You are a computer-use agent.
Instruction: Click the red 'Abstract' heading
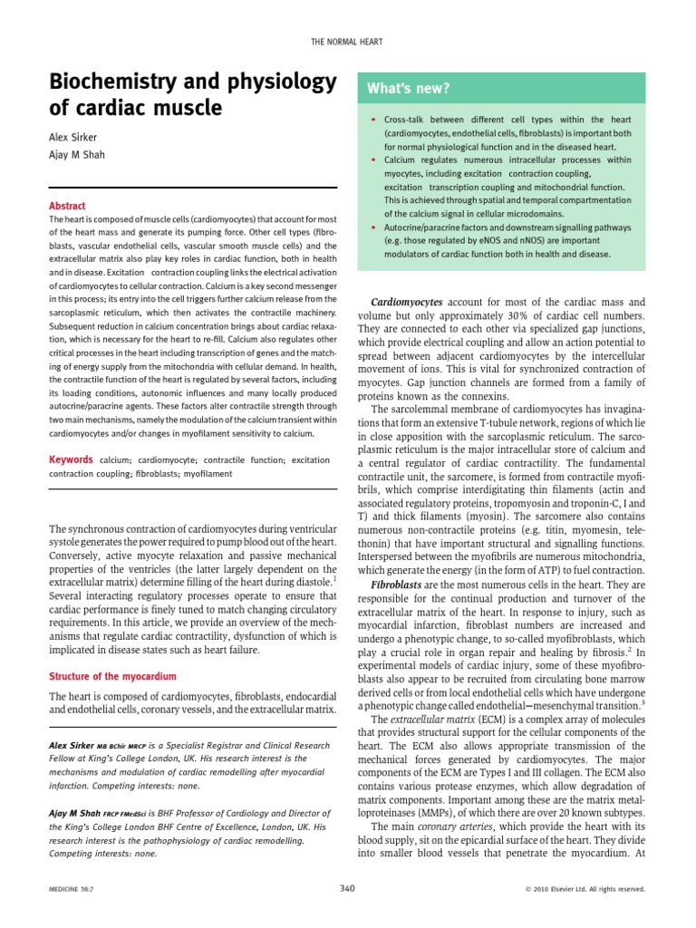(x=66, y=205)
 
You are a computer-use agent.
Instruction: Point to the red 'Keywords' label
(x=72, y=460)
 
